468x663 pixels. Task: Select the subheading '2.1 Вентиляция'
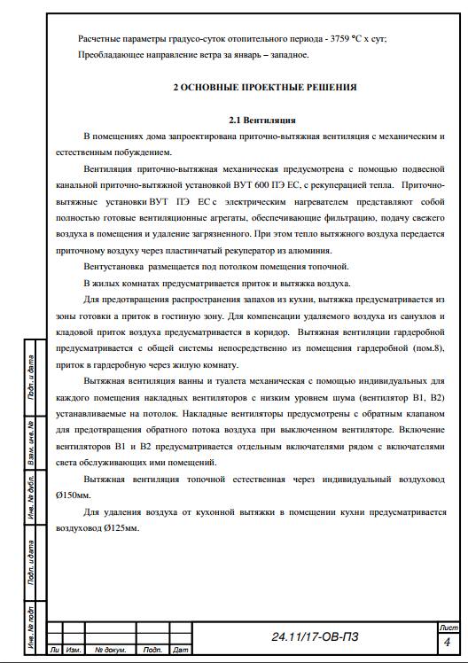click(261, 120)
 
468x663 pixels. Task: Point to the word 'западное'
click(285, 55)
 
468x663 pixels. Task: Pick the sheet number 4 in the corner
click(447, 641)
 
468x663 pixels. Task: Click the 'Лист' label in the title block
click(448, 627)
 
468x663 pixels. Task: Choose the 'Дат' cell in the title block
click(181, 651)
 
